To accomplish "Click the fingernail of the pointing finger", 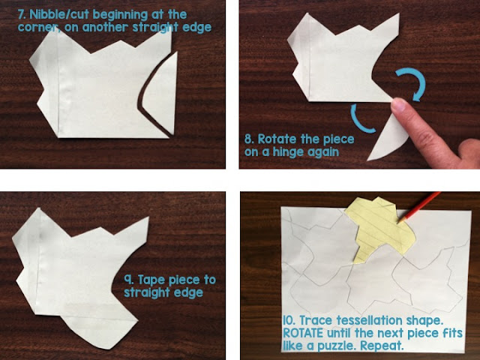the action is [x=398, y=105].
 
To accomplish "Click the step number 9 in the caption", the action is [x=128, y=280].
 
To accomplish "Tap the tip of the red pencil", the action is [x=397, y=222].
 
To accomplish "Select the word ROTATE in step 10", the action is [x=303, y=333].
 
